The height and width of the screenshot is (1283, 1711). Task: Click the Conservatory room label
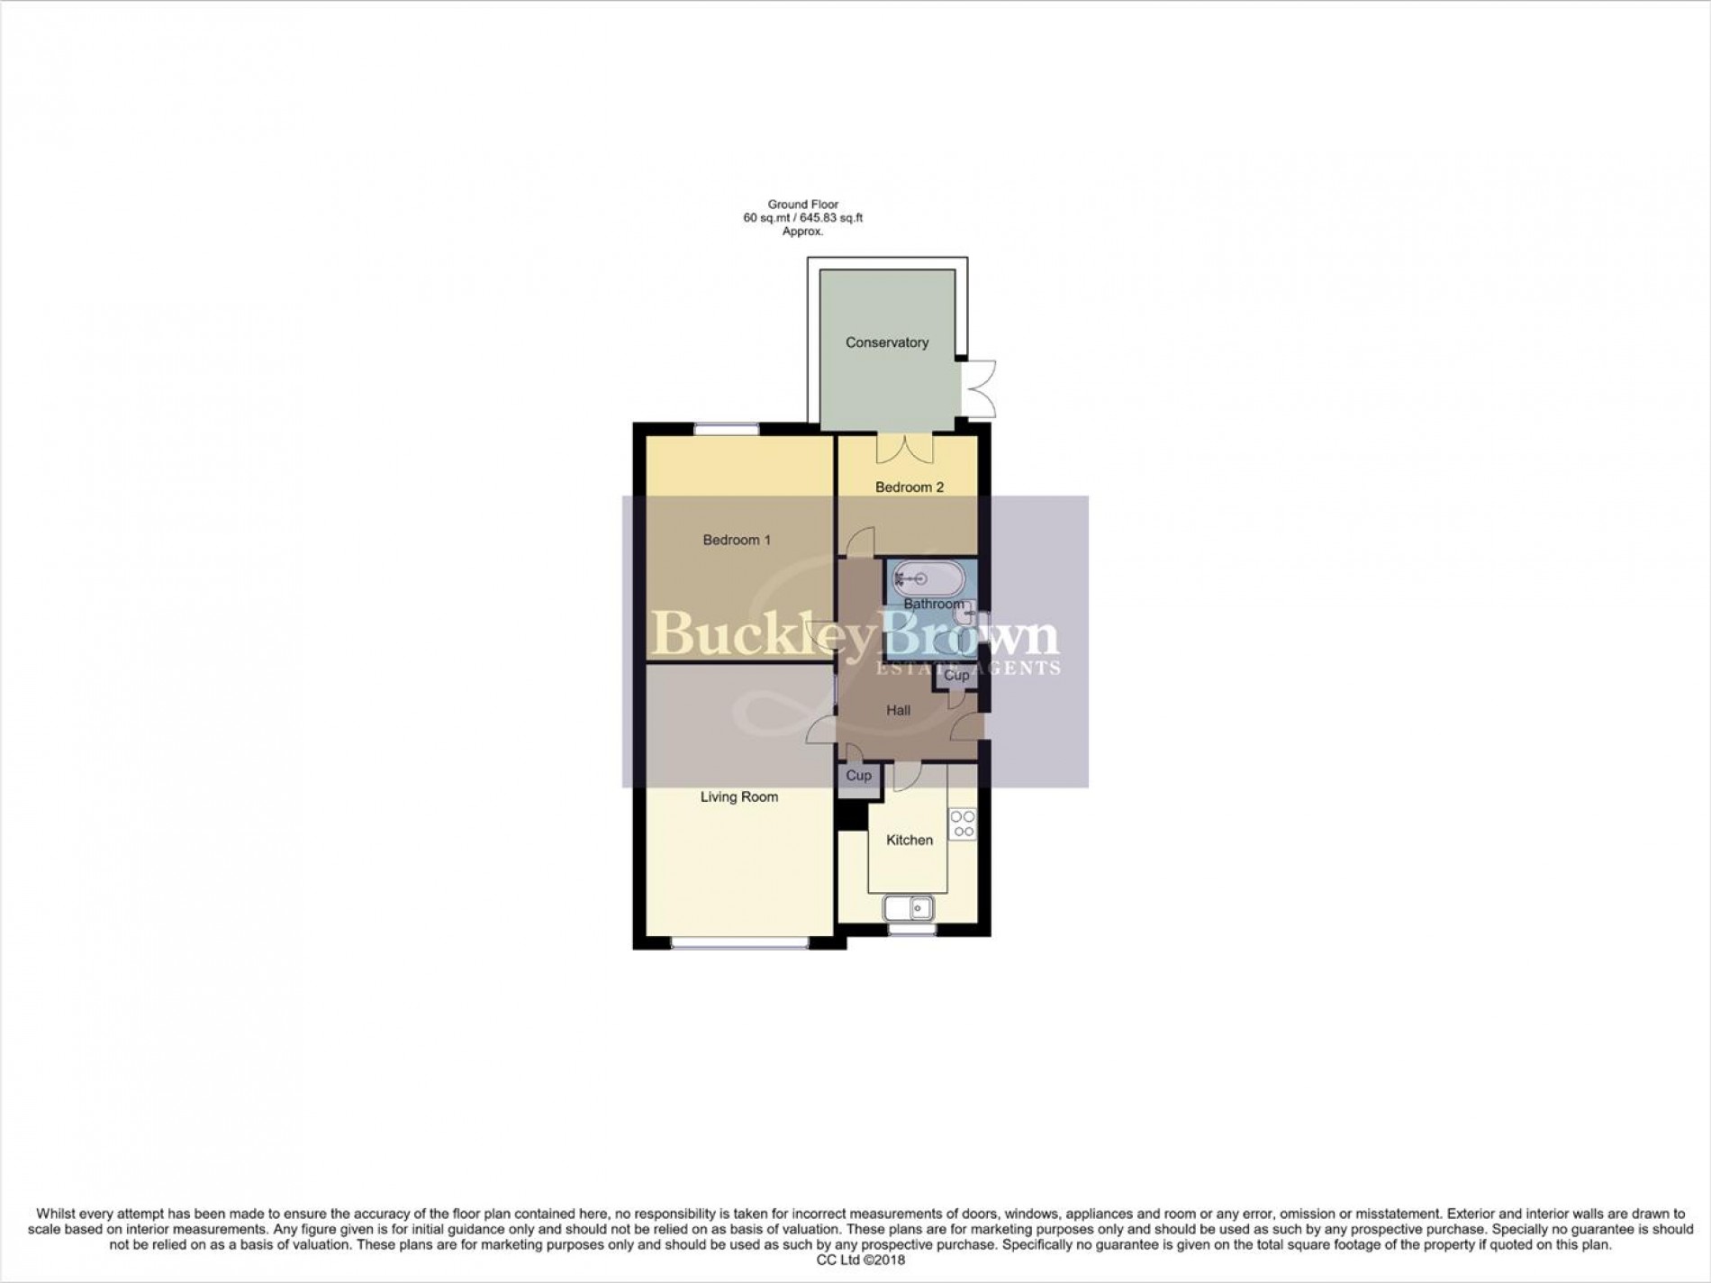pos(886,342)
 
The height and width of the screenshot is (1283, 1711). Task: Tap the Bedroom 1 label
pos(737,540)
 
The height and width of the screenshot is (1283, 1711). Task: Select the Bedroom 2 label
pos(910,487)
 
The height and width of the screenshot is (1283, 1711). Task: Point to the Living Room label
pos(738,796)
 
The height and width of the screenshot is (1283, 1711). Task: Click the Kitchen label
pos(910,840)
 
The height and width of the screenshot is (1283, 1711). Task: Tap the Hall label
pos(898,710)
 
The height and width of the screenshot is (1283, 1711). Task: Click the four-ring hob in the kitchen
pos(963,823)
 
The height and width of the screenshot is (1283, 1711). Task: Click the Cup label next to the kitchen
pos(858,776)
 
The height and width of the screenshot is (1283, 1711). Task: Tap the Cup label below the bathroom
pos(956,675)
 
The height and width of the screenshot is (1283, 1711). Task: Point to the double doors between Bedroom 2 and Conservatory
pos(905,447)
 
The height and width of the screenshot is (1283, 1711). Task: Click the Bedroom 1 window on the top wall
pos(726,429)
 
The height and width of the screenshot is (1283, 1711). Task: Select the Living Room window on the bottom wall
pos(739,943)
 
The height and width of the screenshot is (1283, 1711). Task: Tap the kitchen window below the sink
pos(911,929)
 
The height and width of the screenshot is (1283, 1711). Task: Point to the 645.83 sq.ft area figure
pos(826,218)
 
